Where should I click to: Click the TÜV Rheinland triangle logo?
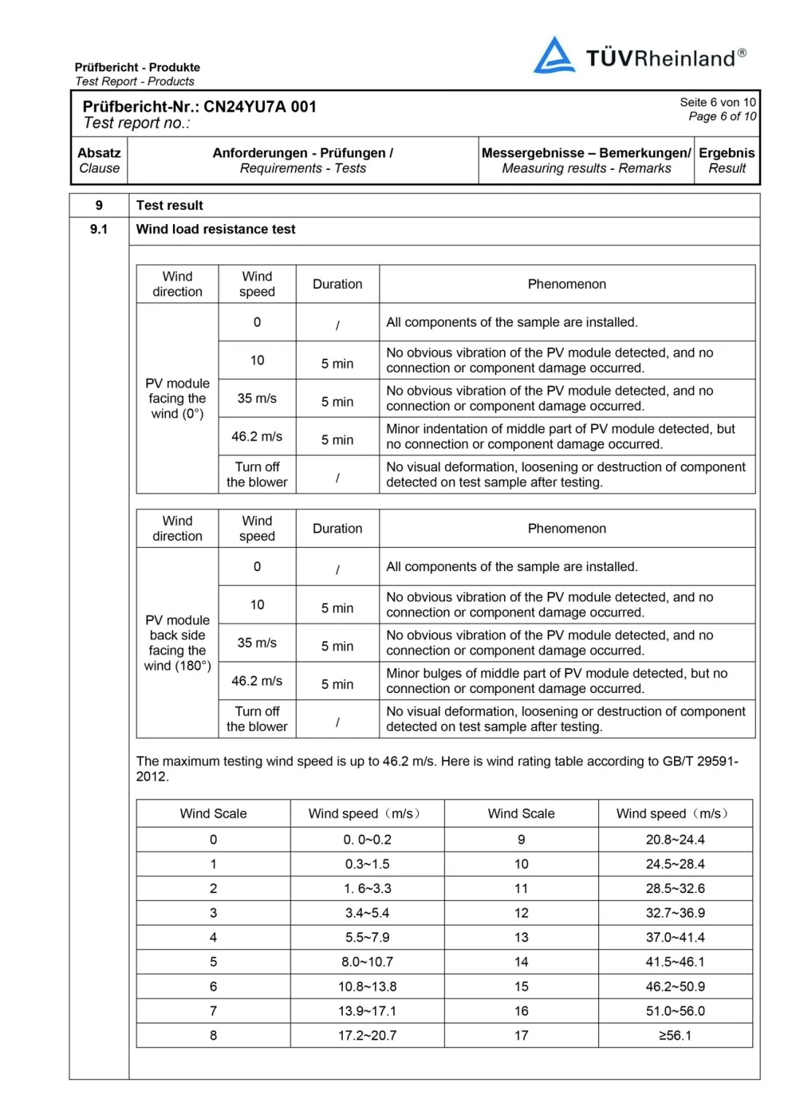coord(554,55)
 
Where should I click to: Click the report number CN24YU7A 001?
coord(260,107)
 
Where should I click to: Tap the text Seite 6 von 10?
coord(717,102)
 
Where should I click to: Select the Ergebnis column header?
coord(727,160)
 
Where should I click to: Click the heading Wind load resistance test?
coord(215,229)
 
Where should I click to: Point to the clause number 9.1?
coord(98,229)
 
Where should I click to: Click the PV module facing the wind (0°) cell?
coord(177,398)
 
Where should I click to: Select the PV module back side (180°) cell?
coord(177,643)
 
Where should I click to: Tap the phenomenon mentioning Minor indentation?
coord(560,436)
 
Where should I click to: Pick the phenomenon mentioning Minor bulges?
coord(556,681)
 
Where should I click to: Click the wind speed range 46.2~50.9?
coord(675,986)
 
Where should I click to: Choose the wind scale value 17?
coord(521,1035)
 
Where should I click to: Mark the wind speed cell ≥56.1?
coord(675,1035)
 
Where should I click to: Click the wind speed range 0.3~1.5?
coord(367,864)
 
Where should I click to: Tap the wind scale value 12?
coord(521,913)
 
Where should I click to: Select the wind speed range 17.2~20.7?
coord(367,1035)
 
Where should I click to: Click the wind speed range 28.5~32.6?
coord(675,889)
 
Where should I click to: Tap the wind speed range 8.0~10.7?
coord(367,962)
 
